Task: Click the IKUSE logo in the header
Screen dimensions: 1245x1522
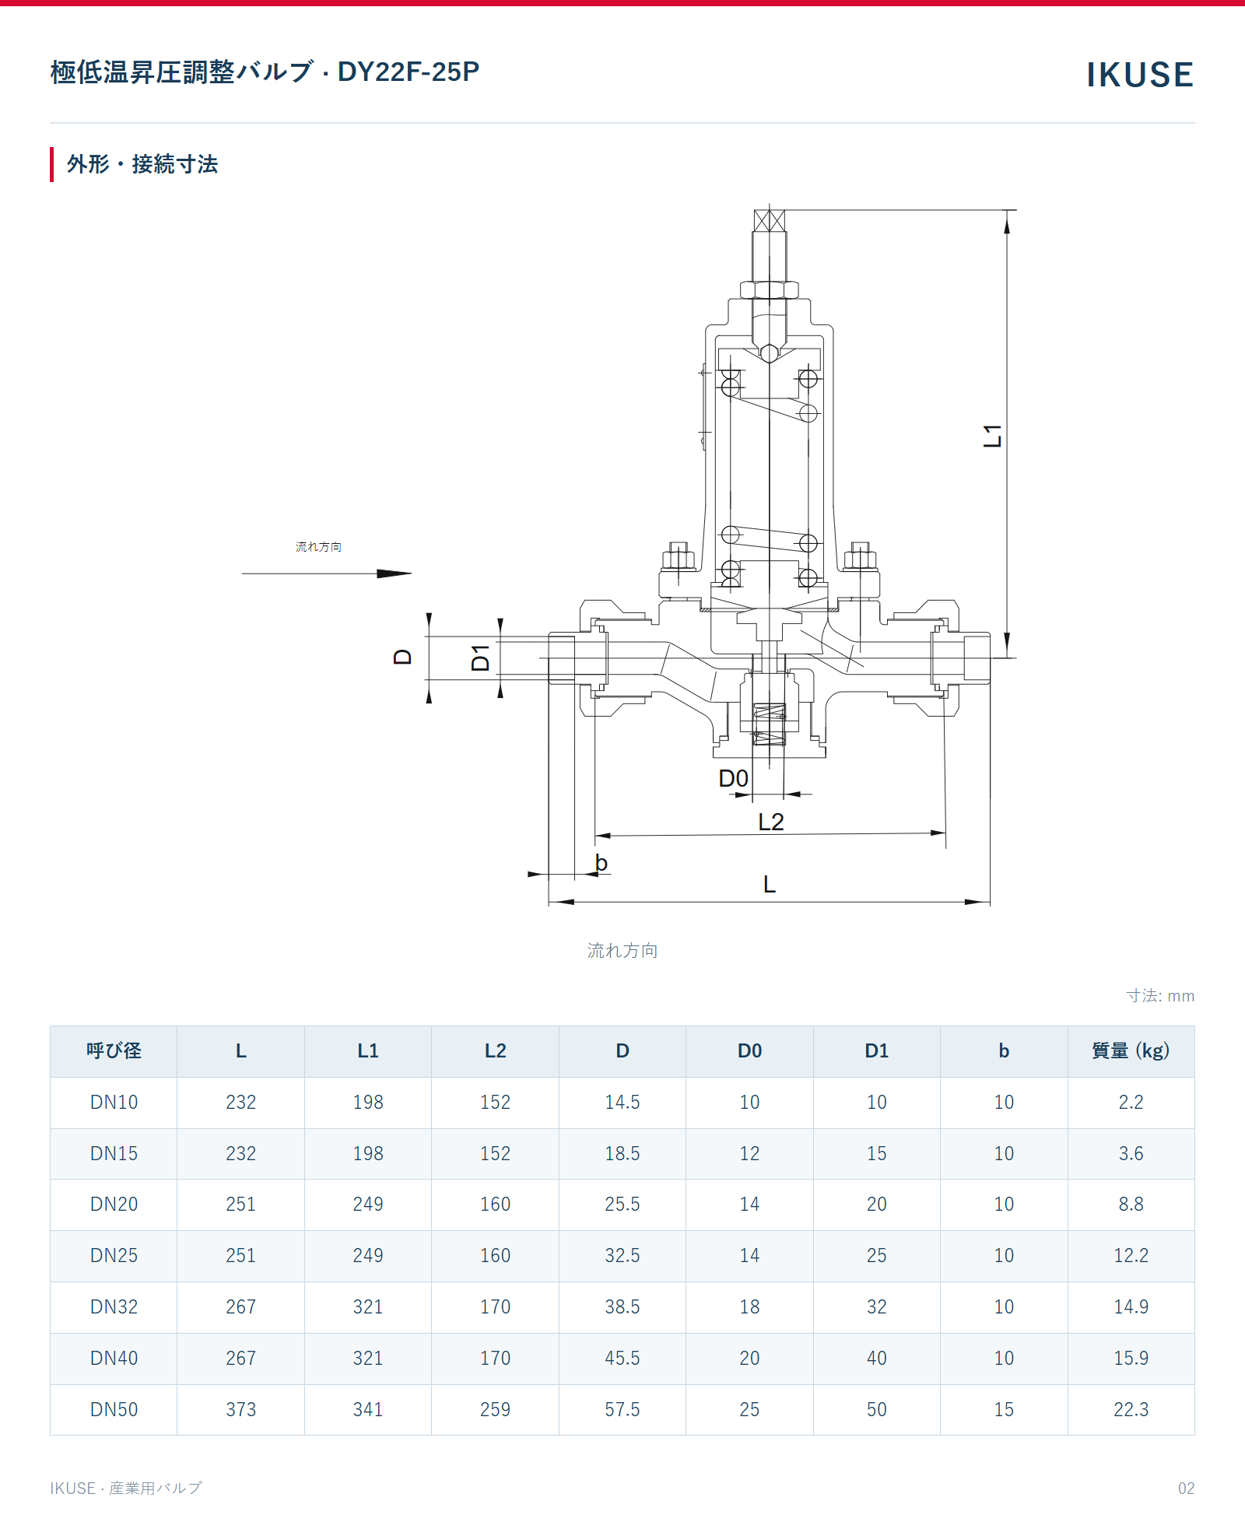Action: (1140, 75)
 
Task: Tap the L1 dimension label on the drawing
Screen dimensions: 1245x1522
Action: (993, 436)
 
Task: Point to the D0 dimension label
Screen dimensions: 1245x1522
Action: (733, 778)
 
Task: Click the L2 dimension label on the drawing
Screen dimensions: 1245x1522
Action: (771, 822)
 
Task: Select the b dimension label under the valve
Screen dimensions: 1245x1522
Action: (601, 862)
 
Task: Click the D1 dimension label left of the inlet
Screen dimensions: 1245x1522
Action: (481, 658)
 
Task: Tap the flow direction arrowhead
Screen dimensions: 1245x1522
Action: (395, 573)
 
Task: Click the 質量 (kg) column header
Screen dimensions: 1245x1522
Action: (1131, 1051)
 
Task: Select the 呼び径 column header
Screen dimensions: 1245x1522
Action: (114, 1051)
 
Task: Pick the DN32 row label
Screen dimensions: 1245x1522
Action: (114, 1307)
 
